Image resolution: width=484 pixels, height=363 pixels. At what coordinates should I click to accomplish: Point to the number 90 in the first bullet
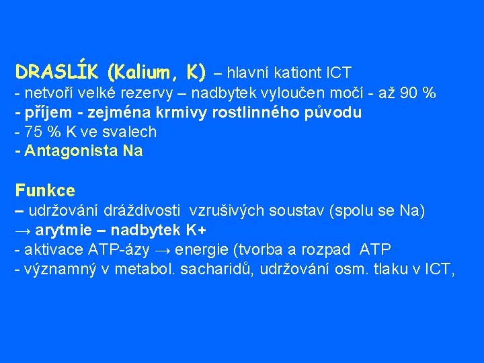[x=409, y=93]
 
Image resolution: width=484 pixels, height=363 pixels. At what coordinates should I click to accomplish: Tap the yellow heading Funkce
[x=45, y=191]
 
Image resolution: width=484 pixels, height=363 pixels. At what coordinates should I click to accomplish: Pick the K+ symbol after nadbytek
[x=195, y=230]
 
